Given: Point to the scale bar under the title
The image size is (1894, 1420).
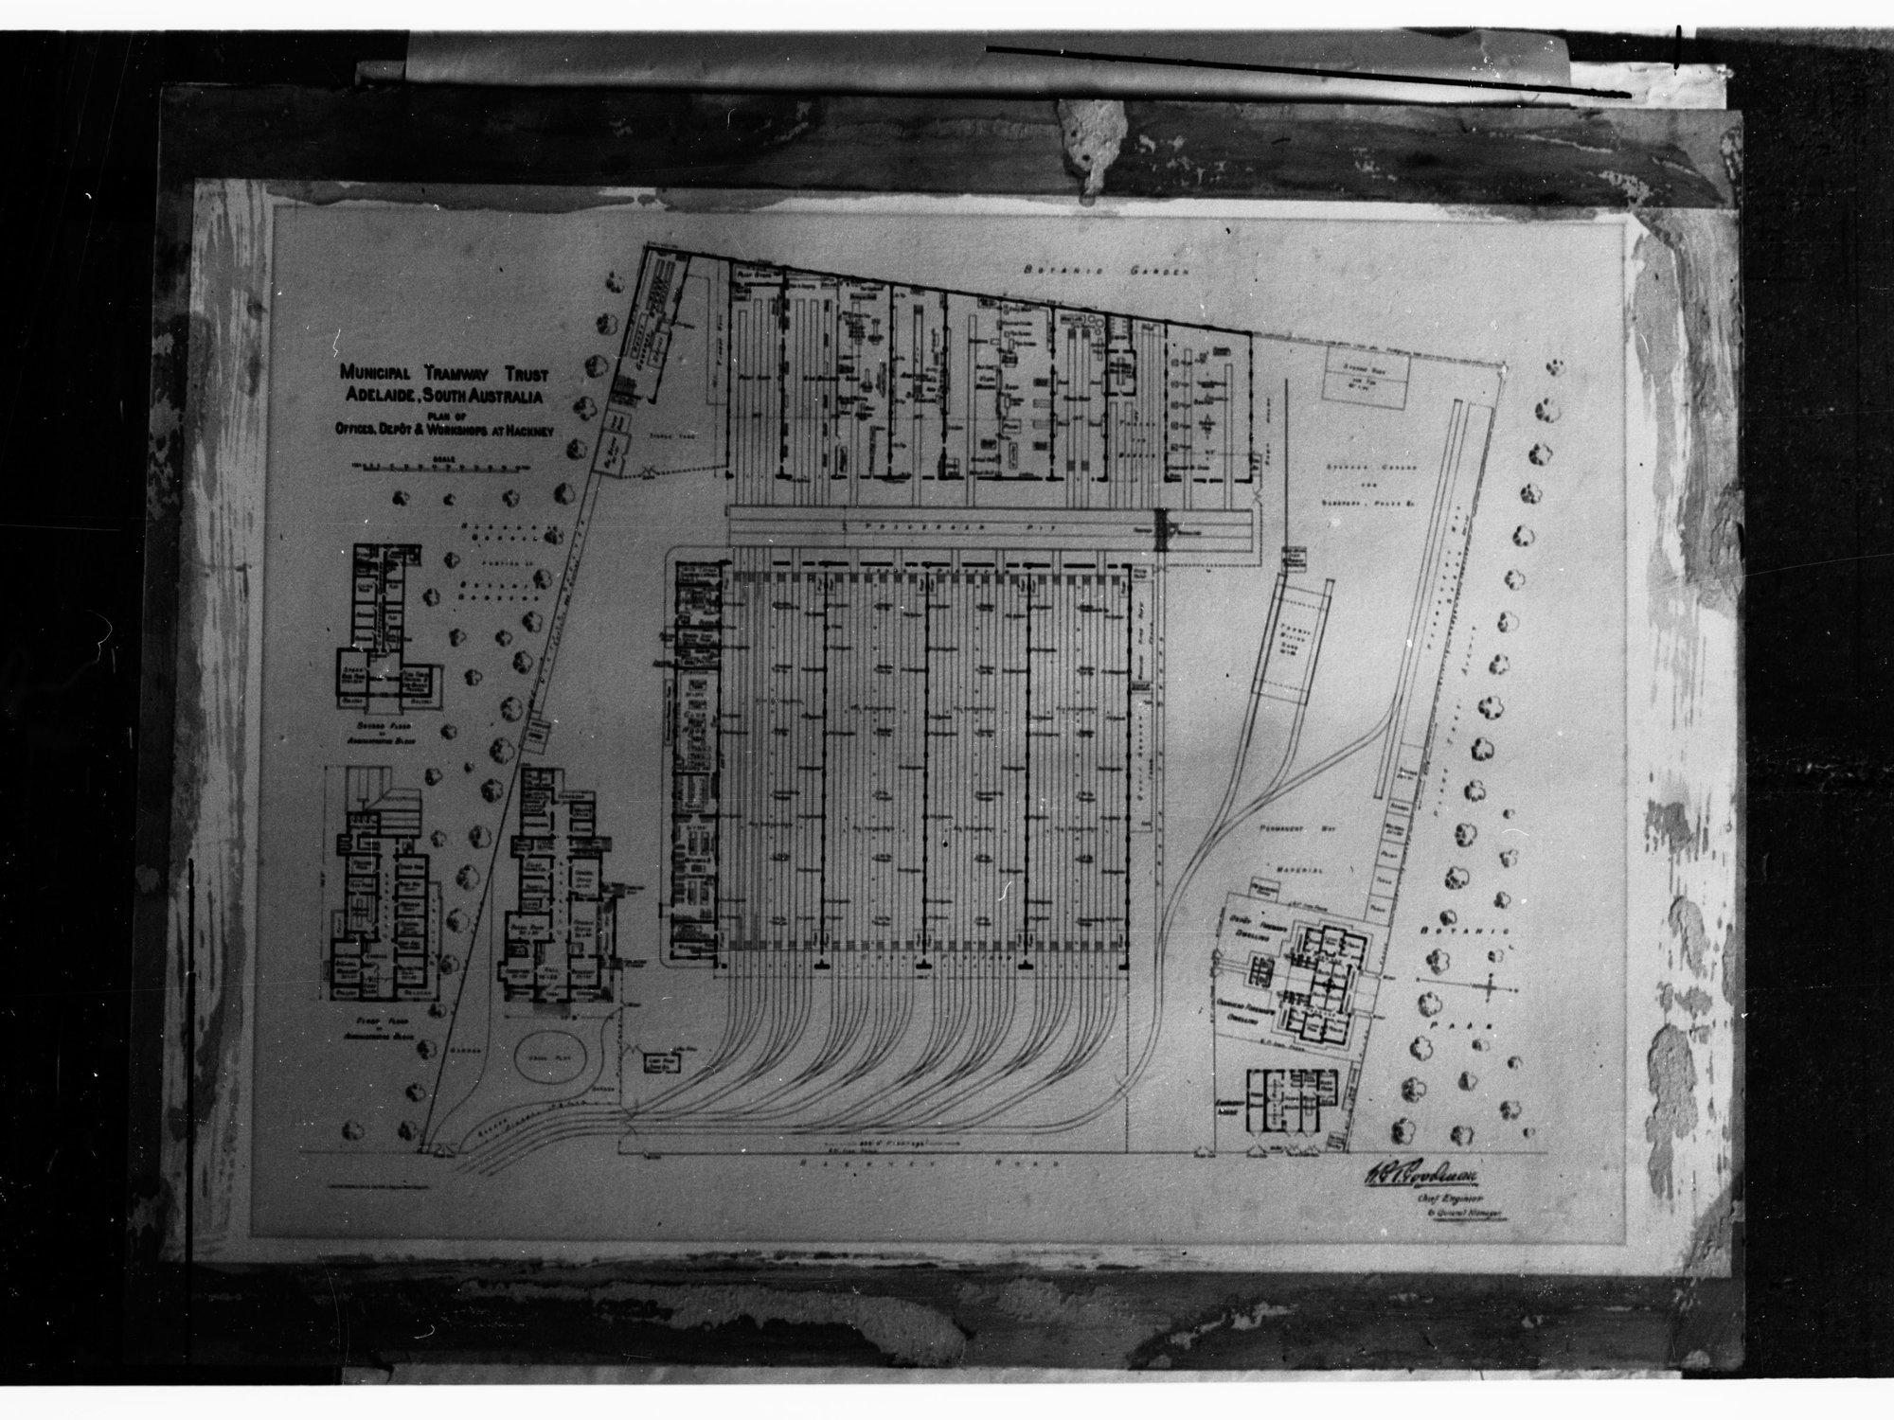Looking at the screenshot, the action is (x=438, y=466).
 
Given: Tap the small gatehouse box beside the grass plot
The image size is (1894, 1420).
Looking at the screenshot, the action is (x=665, y=1062).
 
